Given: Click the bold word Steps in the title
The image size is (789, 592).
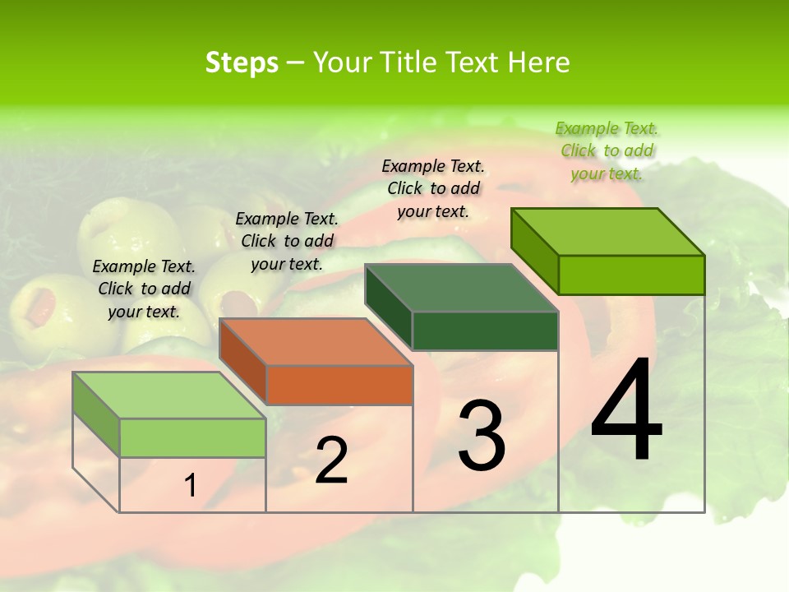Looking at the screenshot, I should (242, 62).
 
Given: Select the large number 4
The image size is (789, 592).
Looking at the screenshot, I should (626, 411).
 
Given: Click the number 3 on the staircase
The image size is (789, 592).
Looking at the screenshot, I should (481, 436).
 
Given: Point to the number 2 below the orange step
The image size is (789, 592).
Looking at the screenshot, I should (331, 460).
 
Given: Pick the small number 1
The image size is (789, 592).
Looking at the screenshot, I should (191, 486).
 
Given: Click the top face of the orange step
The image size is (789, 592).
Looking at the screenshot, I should (316, 342).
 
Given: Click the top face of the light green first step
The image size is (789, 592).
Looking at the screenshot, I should (169, 395).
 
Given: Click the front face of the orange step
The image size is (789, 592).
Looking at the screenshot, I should (339, 385).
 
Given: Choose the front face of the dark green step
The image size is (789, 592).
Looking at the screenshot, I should (485, 331).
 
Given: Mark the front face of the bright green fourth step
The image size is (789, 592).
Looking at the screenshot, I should (631, 275).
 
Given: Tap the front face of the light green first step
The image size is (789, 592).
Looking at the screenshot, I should (192, 437).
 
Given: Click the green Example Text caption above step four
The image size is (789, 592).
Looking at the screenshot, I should (607, 150).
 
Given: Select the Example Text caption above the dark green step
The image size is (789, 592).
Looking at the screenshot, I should (433, 188).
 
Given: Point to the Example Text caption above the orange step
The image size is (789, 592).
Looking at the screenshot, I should (287, 241).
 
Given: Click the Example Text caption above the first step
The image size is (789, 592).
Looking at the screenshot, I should (144, 289).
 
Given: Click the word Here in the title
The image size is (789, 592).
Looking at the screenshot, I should (538, 62).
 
